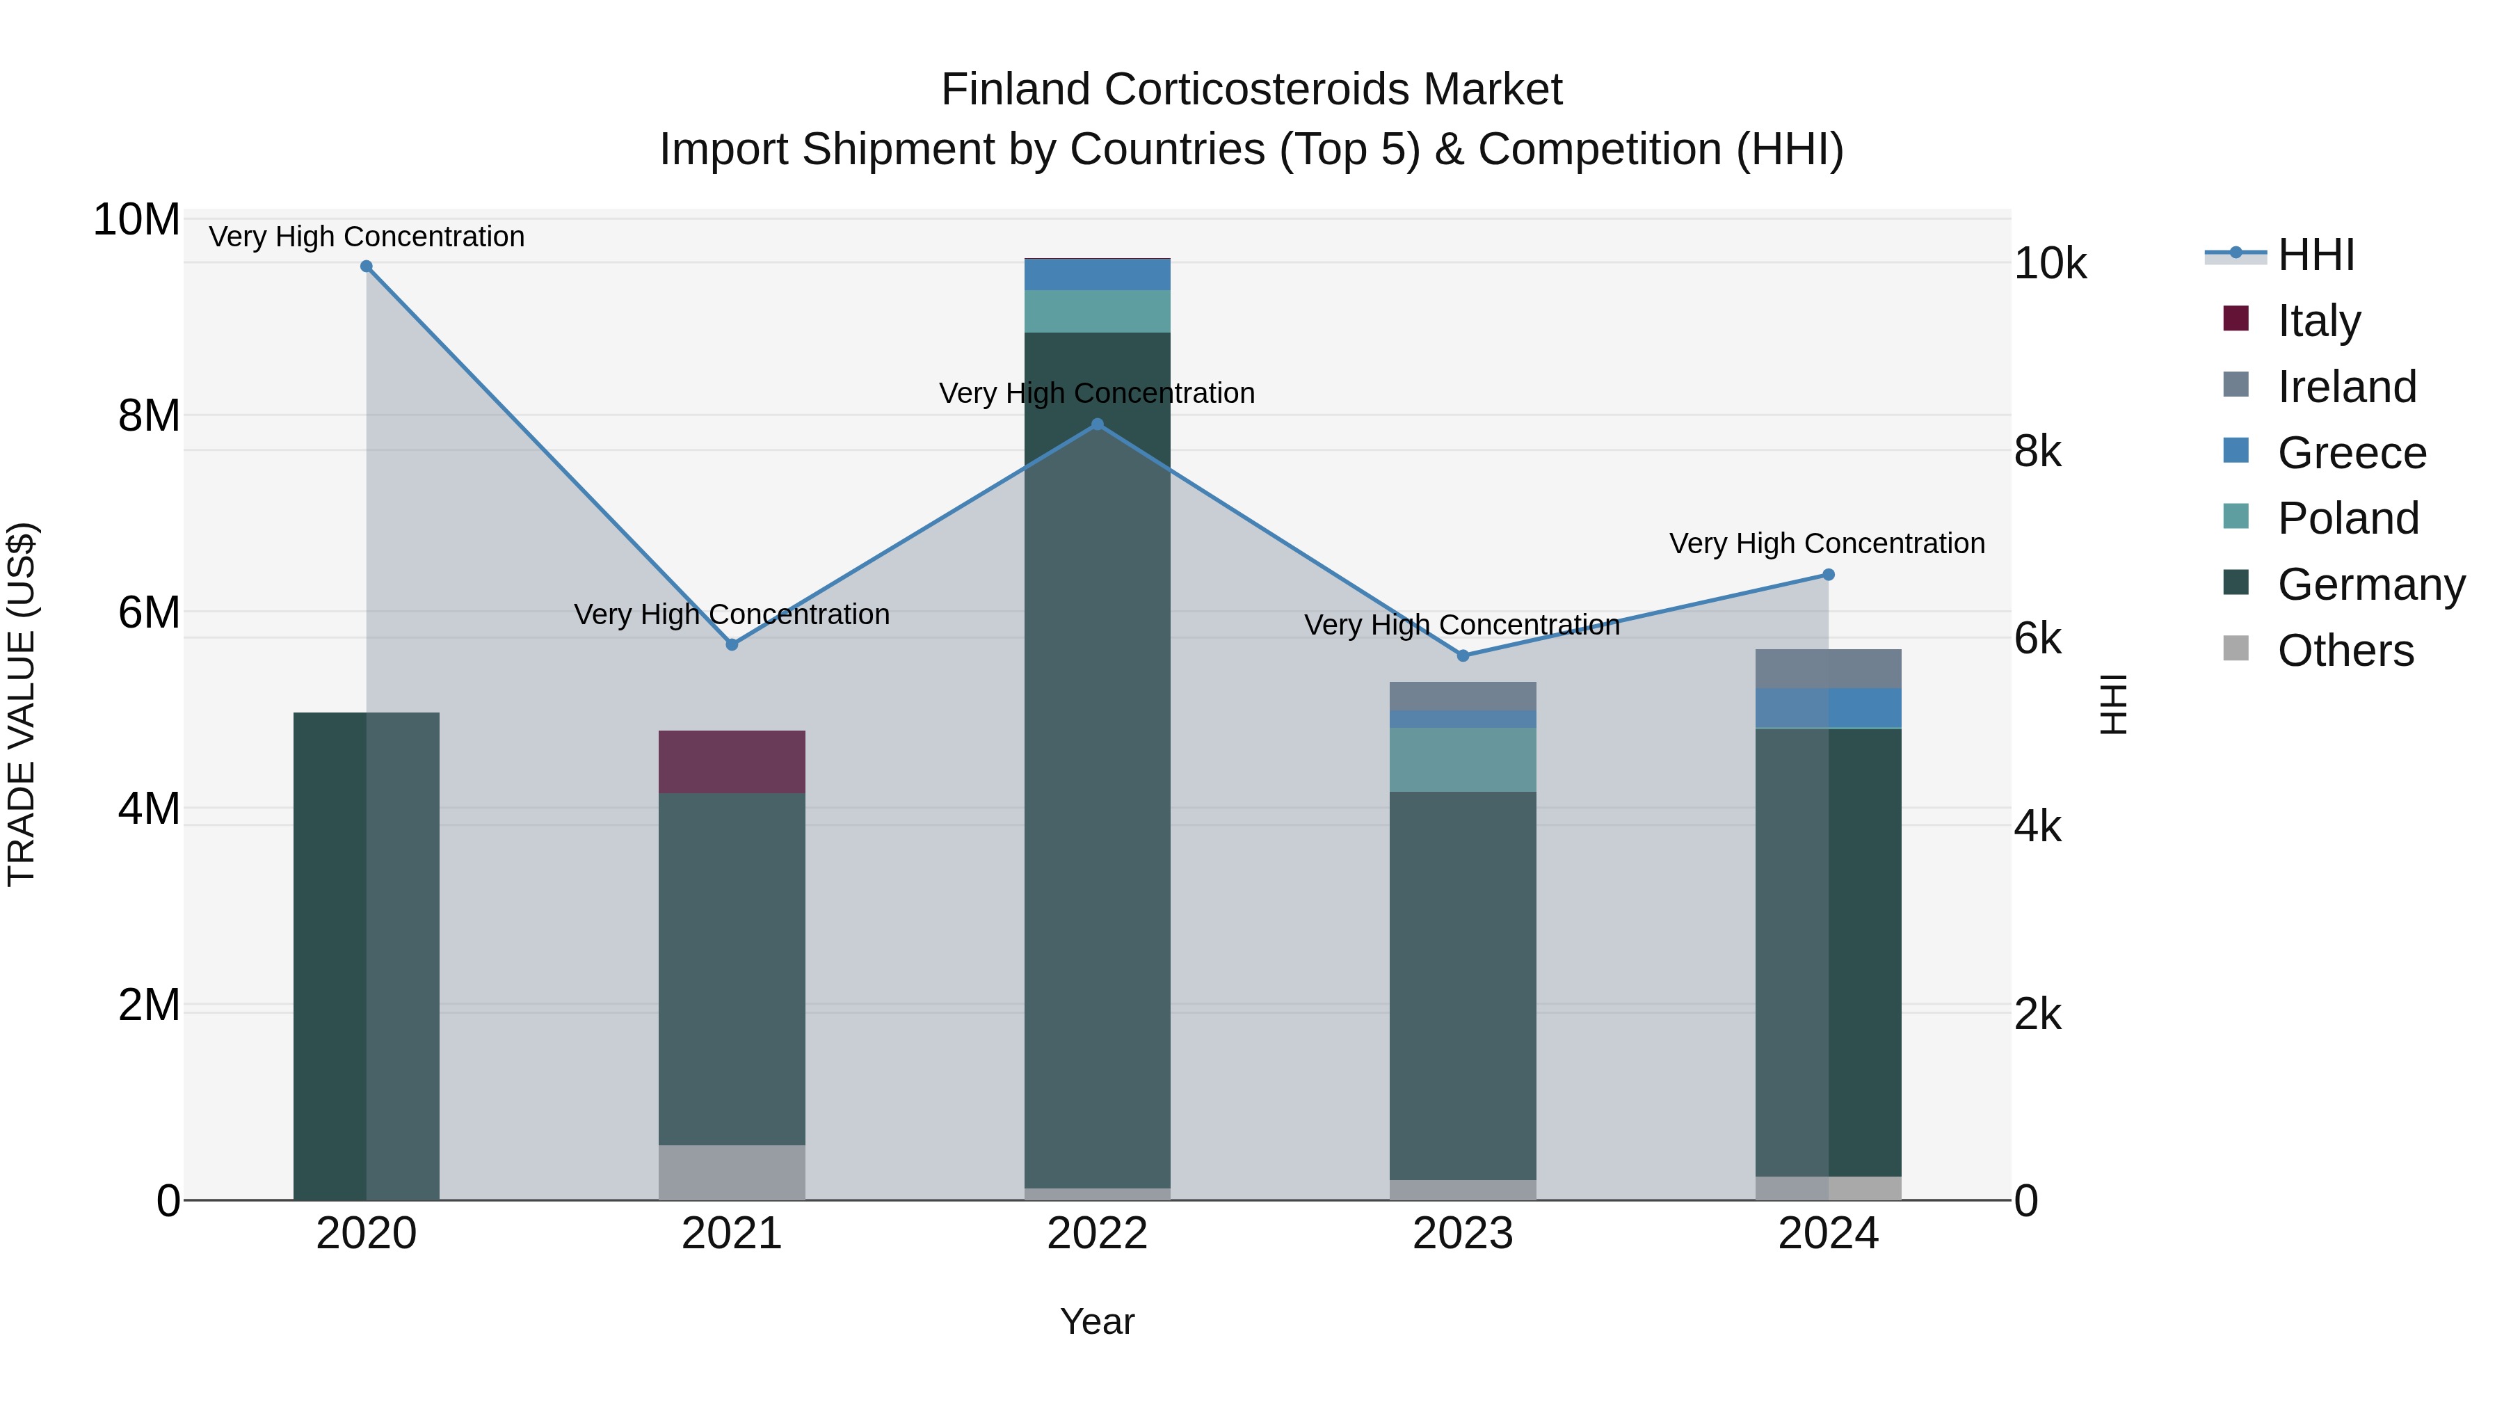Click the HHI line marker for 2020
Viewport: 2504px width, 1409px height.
point(367,266)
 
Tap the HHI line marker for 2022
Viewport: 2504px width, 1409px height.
point(1098,424)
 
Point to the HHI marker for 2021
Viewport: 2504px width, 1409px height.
point(732,645)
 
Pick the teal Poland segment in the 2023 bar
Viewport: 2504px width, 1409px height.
point(1462,759)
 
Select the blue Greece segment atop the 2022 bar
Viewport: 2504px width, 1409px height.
point(1098,274)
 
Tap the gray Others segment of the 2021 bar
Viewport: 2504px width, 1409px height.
point(732,1172)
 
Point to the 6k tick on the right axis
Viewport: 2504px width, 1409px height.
point(2037,639)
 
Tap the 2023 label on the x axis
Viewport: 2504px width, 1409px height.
point(1462,1234)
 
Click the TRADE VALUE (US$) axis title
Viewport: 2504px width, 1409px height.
point(22,705)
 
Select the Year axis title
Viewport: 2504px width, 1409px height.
point(1098,1321)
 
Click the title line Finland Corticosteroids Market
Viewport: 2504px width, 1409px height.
point(1251,90)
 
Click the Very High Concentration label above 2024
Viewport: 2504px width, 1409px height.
point(1827,543)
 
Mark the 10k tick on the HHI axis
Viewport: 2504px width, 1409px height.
point(2049,264)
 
